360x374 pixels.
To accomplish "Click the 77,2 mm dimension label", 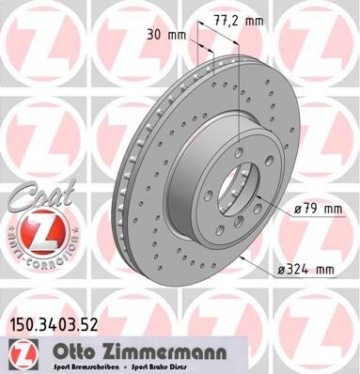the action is tap(239, 21).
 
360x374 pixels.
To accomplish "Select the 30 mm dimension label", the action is tap(166, 35).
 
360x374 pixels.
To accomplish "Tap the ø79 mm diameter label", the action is tap(318, 210).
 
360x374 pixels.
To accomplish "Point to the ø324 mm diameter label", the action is tap(305, 270).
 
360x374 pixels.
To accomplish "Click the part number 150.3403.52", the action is tap(55, 325).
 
